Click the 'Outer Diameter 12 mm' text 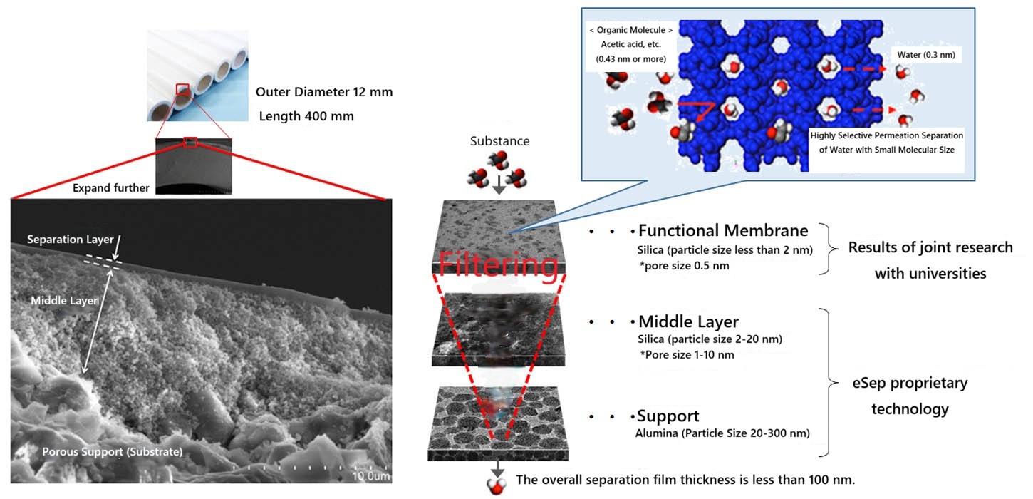324,92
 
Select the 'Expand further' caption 111,188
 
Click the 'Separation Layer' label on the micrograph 70,240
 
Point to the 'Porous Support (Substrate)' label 112,451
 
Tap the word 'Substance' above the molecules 499,141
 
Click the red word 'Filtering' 497,265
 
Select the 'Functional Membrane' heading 723,230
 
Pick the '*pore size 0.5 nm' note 683,265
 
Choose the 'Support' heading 668,416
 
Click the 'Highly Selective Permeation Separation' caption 887,135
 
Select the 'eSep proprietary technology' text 910,396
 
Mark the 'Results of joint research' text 930,247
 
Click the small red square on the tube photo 182,90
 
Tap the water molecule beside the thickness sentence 494,486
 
